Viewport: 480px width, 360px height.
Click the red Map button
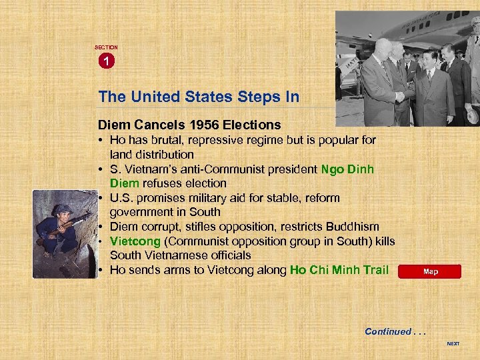coord(429,271)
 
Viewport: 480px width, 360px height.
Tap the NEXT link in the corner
coord(453,344)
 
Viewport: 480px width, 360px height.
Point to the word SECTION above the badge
coord(105,47)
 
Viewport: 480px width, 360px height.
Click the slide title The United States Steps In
coord(198,97)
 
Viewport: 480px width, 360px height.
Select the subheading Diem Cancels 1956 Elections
coord(189,125)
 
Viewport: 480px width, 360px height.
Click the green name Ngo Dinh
coord(347,169)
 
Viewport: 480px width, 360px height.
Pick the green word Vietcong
coord(134,241)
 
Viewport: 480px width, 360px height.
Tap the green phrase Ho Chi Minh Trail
coord(339,270)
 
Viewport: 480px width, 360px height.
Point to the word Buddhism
coord(355,227)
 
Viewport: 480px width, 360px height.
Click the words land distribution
coord(151,155)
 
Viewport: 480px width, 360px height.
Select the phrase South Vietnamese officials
coord(180,255)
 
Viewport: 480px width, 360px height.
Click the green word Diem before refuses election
coord(125,183)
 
